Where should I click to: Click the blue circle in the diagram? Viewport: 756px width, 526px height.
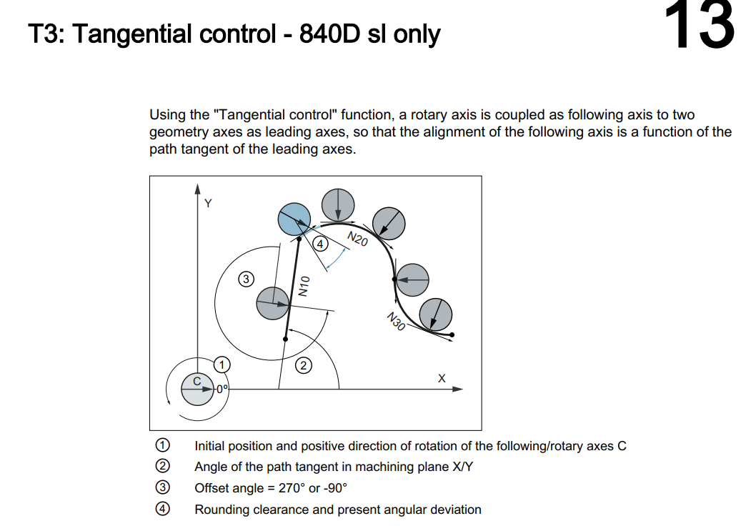click(x=294, y=218)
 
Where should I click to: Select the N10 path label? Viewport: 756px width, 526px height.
click(x=304, y=286)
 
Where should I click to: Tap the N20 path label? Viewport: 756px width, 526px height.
click(x=357, y=239)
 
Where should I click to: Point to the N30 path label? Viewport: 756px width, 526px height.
click(x=396, y=322)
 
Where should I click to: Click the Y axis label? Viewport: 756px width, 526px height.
click(x=208, y=203)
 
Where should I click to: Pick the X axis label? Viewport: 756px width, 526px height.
click(x=441, y=377)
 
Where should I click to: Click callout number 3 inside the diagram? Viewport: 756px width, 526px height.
click(x=246, y=279)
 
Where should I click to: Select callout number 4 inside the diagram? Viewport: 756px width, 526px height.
click(x=321, y=244)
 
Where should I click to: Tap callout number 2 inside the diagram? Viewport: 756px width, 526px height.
click(x=304, y=366)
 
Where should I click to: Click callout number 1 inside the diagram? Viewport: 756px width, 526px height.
click(x=222, y=364)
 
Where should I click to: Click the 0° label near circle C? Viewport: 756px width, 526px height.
click(x=222, y=389)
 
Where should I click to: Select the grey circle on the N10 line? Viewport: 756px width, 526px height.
click(x=274, y=302)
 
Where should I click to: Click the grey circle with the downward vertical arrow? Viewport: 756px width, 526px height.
click(x=337, y=204)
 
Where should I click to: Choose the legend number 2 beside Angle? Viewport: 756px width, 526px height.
click(x=163, y=467)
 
